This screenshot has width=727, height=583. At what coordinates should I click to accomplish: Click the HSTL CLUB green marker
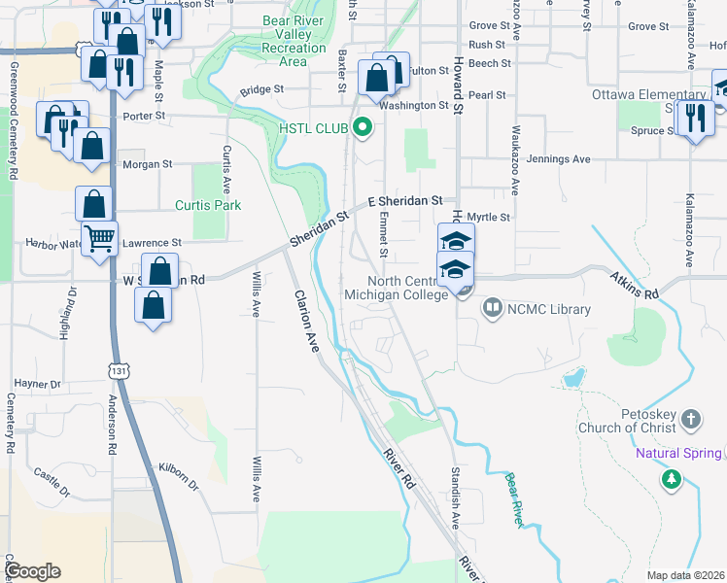point(363,126)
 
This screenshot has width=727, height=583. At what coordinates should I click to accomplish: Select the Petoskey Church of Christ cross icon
point(690,420)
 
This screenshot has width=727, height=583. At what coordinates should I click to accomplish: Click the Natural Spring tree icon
point(671,479)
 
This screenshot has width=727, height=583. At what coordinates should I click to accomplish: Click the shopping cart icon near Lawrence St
point(99,238)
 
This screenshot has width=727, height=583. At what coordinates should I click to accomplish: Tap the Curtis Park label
point(208,205)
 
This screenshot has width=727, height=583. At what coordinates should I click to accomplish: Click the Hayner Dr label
point(37,385)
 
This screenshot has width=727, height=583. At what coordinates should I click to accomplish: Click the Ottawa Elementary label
point(652,94)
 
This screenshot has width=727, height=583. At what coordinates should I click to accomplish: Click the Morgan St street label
point(147,164)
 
